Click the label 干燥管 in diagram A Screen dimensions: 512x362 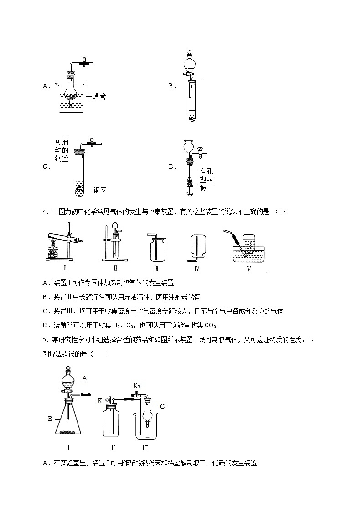pyautogui.click(x=96, y=97)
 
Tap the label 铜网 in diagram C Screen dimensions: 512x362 pyautogui.click(x=100, y=190)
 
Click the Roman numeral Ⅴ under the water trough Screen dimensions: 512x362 pyautogui.click(x=249, y=269)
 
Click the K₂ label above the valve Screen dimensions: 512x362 pyautogui.click(x=136, y=386)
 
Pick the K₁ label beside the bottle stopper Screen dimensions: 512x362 pyautogui.click(x=101, y=401)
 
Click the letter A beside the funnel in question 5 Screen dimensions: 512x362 pyautogui.click(x=85, y=378)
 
